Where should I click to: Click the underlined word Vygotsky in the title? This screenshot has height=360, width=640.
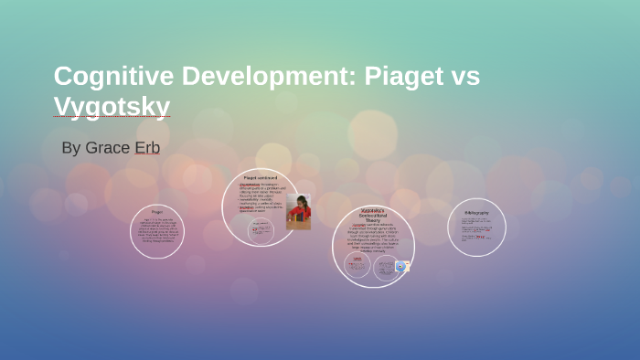click(x=112, y=107)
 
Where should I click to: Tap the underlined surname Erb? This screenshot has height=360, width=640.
click(x=147, y=148)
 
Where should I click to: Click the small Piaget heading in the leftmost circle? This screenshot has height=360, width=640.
click(x=157, y=211)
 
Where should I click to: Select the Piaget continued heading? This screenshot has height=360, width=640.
click(x=261, y=177)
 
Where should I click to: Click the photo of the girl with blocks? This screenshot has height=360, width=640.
click(x=299, y=212)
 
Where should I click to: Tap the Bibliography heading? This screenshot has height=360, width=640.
click(x=476, y=213)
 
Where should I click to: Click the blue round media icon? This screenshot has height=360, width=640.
click(x=400, y=266)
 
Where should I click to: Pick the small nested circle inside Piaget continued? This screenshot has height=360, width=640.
click(x=262, y=231)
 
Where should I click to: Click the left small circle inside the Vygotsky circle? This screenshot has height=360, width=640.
click(x=357, y=266)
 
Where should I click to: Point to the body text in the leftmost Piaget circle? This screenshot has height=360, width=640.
click(x=157, y=233)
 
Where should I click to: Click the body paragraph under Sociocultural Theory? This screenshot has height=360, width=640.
click(x=373, y=239)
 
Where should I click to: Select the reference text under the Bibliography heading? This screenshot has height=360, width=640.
click(x=476, y=230)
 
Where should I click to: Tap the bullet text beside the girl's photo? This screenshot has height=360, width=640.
click(x=260, y=196)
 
